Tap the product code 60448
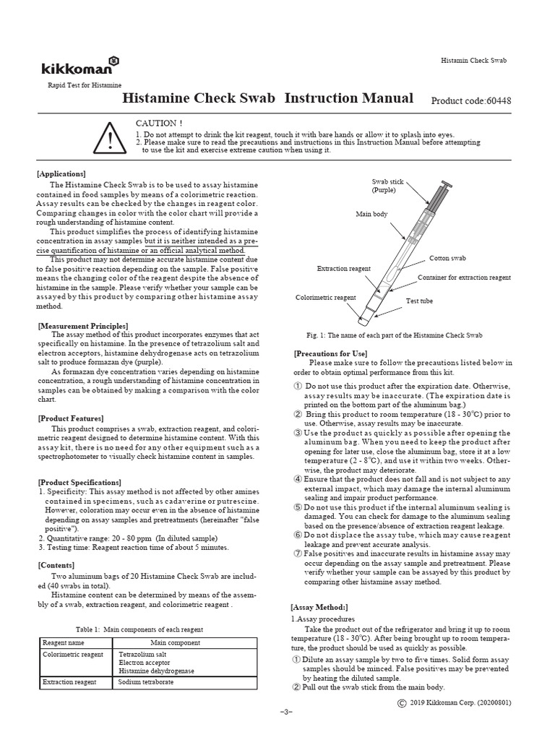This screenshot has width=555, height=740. coord(470,100)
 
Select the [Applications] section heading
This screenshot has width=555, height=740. coord(61,173)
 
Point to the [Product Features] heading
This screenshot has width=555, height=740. coord(70,418)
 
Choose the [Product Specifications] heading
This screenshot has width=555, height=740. coord(79,482)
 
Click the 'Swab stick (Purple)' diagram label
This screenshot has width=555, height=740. coord(387,185)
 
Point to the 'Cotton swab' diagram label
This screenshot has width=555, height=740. coord(447,258)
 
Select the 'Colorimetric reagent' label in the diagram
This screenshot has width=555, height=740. coord(325,297)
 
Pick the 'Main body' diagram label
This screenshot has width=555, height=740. coord(371,215)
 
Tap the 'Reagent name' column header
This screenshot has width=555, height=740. coord(64,642)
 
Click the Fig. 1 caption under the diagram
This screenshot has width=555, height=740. coord(395,335)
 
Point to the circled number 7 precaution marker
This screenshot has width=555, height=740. coord(297,553)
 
